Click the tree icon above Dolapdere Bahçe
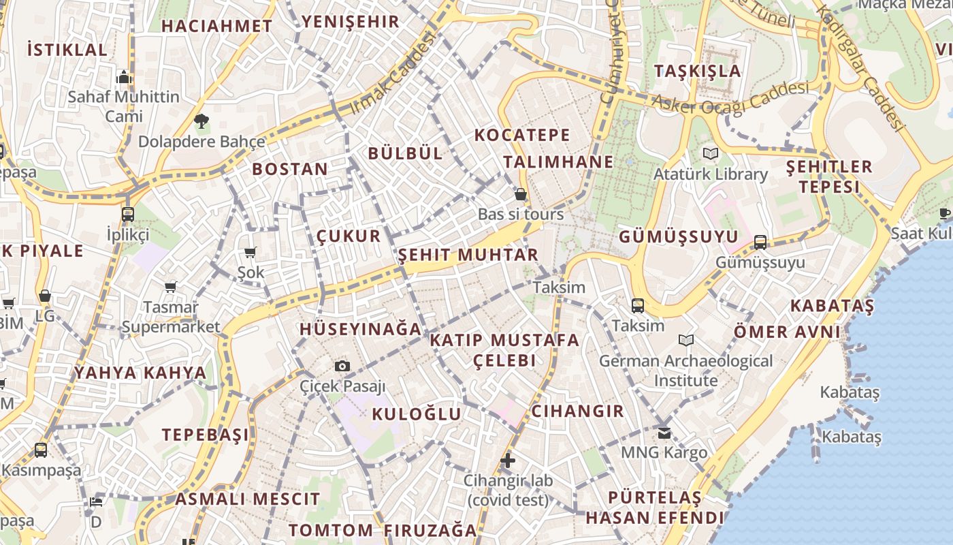(x=201, y=122)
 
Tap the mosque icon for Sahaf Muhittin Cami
(x=124, y=77)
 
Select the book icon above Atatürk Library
(x=711, y=154)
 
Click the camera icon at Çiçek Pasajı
(x=343, y=367)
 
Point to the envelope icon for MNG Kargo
(x=664, y=433)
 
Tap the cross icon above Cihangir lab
(x=508, y=461)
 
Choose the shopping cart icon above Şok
(x=251, y=253)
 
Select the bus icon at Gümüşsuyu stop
(x=760, y=243)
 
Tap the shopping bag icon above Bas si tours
(x=521, y=195)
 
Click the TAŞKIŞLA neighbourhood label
(x=697, y=71)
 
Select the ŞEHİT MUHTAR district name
(x=468, y=255)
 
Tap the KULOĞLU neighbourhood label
(x=417, y=414)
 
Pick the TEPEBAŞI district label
(x=205, y=435)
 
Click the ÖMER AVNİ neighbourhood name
(x=787, y=332)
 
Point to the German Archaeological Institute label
(x=686, y=370)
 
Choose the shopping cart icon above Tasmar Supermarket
(x=170, y=287)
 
